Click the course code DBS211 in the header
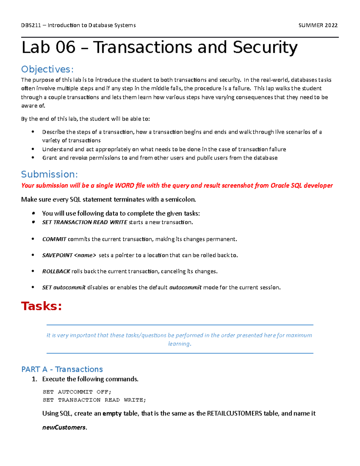click(31, 25)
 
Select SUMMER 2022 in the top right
click(318, 25)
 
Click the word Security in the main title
click(265, 47)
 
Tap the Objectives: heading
click(47, 69)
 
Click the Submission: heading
click(49, 174)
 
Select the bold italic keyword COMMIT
click(54, 239)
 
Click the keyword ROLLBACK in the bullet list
click(56, 271)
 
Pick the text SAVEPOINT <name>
click(69, 255)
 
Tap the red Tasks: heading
click(41, 306)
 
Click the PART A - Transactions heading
click(62, 369)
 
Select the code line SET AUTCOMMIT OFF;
click(77, 392)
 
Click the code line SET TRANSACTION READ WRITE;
click(94, 400)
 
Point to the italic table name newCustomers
click(64, 427)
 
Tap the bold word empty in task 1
click(112, 413)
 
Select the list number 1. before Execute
click(34, 379)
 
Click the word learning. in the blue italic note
click(179, 344)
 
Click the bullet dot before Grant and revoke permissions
click(33, 158)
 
